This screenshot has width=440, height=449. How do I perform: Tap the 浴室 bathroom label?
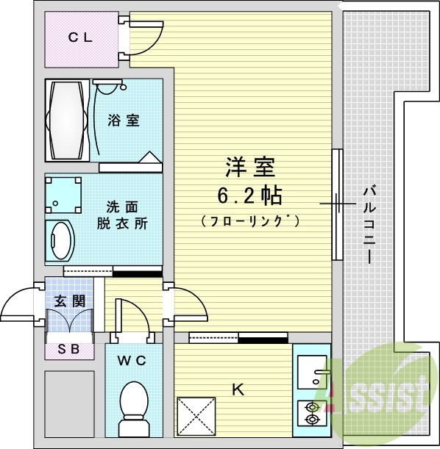click(x=123, y=121)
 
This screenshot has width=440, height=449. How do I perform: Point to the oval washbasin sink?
click(x=60, y=240)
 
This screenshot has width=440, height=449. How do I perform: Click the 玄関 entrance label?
click(x=69, y=300)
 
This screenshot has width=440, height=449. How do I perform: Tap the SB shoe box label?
click(x=69, y=351)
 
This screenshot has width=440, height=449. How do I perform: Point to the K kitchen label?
click(x=238, y=390)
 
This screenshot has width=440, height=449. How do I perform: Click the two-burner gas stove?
click(x=313, y=412)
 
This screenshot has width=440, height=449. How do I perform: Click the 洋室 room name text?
click(x=249, y=168)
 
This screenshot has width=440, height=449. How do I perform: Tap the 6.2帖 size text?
click(x=249, y=196)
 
